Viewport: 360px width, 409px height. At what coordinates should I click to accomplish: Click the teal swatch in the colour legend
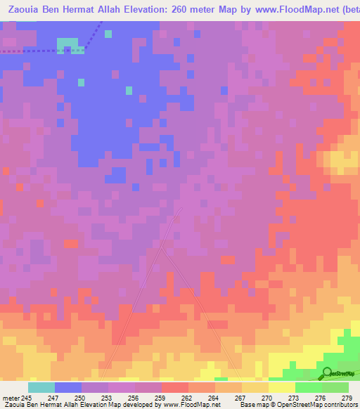(41, 387)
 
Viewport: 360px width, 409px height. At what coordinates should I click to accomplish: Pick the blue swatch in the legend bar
(68, 387)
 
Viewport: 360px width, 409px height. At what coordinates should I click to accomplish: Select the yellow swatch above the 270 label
(255, 387)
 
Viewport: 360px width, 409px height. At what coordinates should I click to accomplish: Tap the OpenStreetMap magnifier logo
(327, 373)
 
